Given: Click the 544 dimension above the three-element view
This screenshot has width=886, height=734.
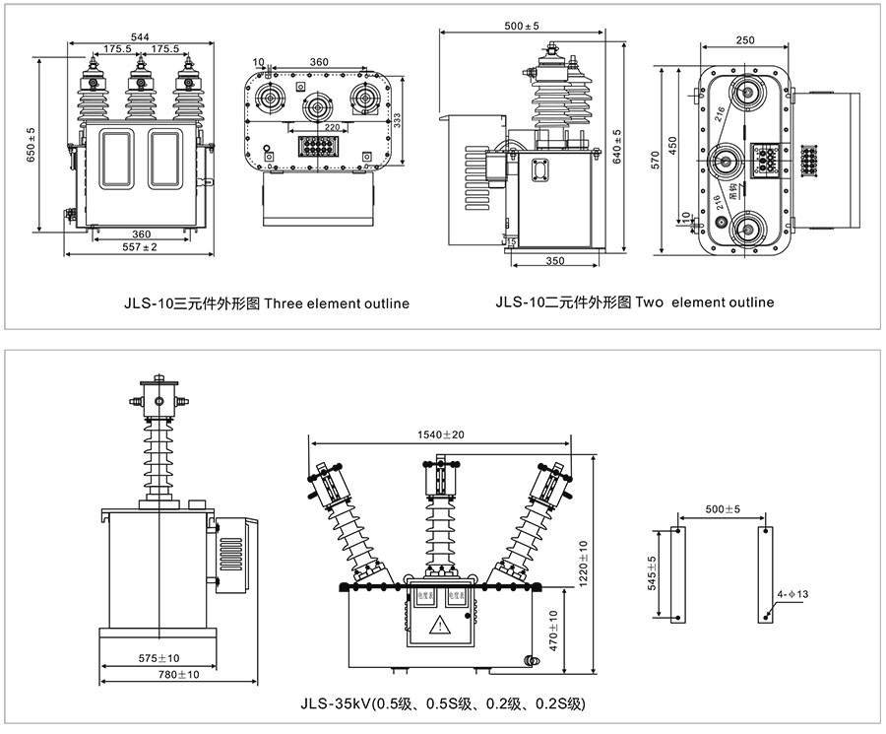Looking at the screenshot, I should point(139,36).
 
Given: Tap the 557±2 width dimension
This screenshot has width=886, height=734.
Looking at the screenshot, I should point(139,247).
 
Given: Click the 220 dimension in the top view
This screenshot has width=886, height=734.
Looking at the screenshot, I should point(332,127).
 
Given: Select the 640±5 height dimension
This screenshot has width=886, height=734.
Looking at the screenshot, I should point(617,147).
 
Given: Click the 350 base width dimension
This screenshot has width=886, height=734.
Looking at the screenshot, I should point(554,261).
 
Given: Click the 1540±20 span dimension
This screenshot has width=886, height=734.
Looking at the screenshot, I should point(440,434).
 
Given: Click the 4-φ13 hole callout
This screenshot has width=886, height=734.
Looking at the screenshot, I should point(794,595).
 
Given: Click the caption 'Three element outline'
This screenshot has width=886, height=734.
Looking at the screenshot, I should point(337,303).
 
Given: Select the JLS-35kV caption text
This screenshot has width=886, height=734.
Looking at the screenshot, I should point(442,703).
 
